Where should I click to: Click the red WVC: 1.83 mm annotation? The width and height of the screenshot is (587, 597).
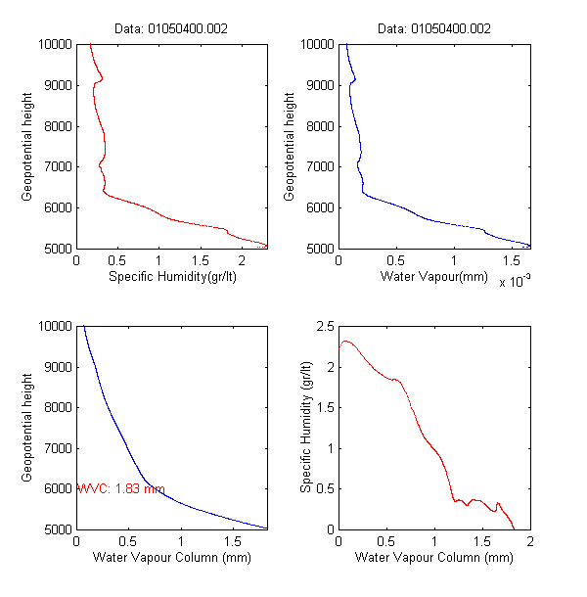pos(120,488)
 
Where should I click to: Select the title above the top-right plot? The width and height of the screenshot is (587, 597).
pos(434,28)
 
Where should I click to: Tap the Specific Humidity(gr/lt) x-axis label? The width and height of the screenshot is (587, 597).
pos(172,277)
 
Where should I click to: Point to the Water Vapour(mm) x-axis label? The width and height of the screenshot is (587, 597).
pos(434,277)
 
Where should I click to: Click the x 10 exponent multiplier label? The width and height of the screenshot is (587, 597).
pos(514,282)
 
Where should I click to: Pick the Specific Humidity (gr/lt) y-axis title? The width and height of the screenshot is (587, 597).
pos(306,427)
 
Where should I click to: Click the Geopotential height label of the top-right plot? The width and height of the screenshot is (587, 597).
pos(290,147)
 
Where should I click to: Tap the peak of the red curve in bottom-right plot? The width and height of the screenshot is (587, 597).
pos(347,341)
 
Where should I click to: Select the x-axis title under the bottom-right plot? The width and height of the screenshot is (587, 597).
pos(434,558)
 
